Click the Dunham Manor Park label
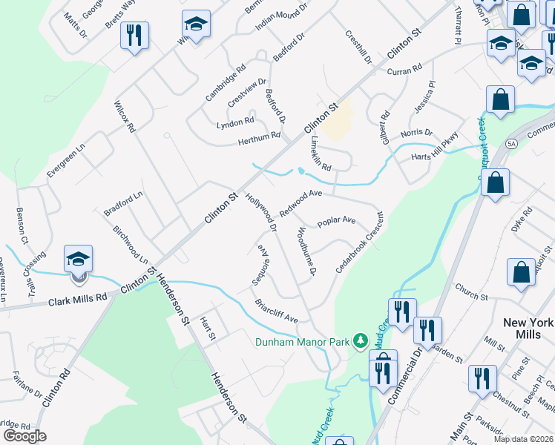pos(302,343)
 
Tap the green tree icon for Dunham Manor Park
pos(361,340)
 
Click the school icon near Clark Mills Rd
pos(78,260)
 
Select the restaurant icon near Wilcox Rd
pos(134,36)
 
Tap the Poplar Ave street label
pos(336,221)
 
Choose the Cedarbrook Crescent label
pos(359,243)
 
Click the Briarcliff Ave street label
pos(276,310)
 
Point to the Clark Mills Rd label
pos(78,300)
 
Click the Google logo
pos(24,436)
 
